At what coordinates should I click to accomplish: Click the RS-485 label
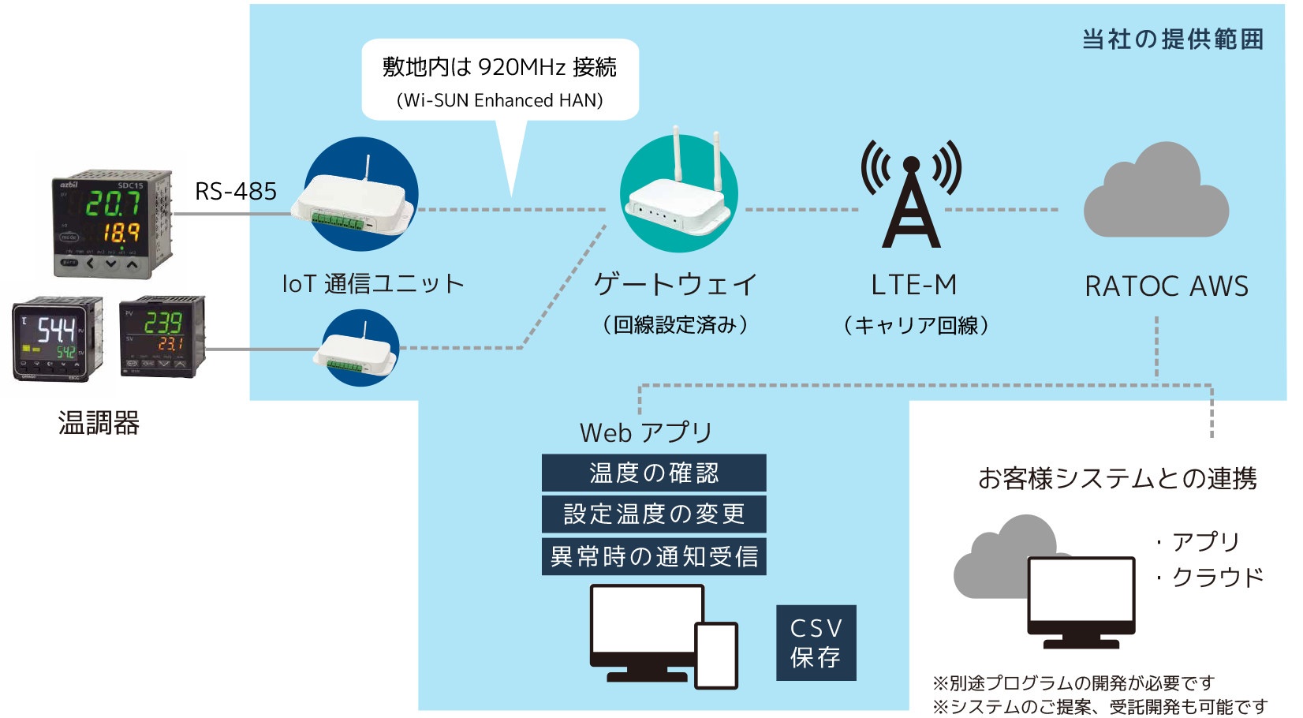(235, 191)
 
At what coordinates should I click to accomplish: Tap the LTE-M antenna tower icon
(911, 197)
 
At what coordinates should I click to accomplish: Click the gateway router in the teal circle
(678, 197)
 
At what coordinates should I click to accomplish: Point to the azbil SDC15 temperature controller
(112, 223)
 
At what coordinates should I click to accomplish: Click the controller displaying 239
(162, 336)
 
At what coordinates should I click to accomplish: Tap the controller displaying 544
(57, 338)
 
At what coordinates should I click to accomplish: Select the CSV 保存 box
(816, 642)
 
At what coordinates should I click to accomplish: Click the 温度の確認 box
(653, 473)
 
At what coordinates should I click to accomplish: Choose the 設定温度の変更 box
(653, 514)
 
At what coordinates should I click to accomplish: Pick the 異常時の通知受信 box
(653, 556)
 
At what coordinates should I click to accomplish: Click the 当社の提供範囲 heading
(1172, 39)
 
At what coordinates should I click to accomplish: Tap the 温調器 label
(99, 423)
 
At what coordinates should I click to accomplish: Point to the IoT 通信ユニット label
(372, 283)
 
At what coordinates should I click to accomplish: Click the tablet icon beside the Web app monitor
(715, 655)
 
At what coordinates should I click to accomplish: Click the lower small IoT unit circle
(360, 348)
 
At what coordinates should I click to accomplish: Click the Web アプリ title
(645, 432)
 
